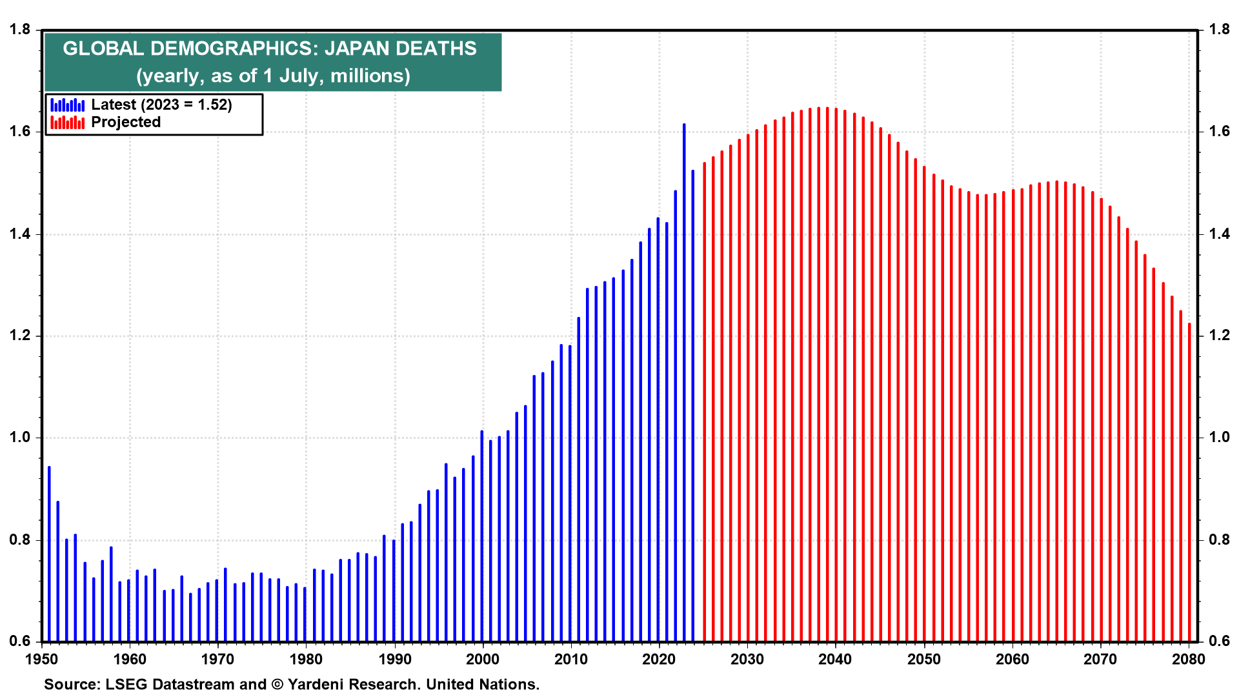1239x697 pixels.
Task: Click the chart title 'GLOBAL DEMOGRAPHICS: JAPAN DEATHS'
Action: [x=270, y=48]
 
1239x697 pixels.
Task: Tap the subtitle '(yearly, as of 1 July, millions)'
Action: [x=273, y=76]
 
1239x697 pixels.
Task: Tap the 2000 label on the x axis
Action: [x=483, y=659]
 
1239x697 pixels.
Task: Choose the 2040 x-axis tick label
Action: [x=836, y=659]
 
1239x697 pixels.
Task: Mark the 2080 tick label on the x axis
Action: [x=1189, y=659]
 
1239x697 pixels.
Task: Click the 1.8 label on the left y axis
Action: [x=19, y=30]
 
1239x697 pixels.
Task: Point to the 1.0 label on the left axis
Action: [x=19, y=438]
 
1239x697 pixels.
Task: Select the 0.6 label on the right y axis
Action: [x=1219, y=641]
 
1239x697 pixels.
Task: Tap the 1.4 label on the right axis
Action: [x=1219, y=234]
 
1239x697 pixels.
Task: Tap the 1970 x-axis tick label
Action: [x=218, y=659]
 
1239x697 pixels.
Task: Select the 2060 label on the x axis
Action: [x=1012, y=659]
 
